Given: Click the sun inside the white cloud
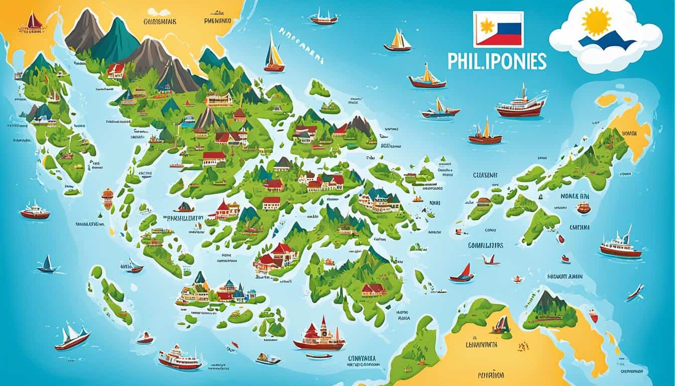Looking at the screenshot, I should point(597,22).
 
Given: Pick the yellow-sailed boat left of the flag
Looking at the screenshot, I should point(398,41).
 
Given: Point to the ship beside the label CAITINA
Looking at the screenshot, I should point(620,246).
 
